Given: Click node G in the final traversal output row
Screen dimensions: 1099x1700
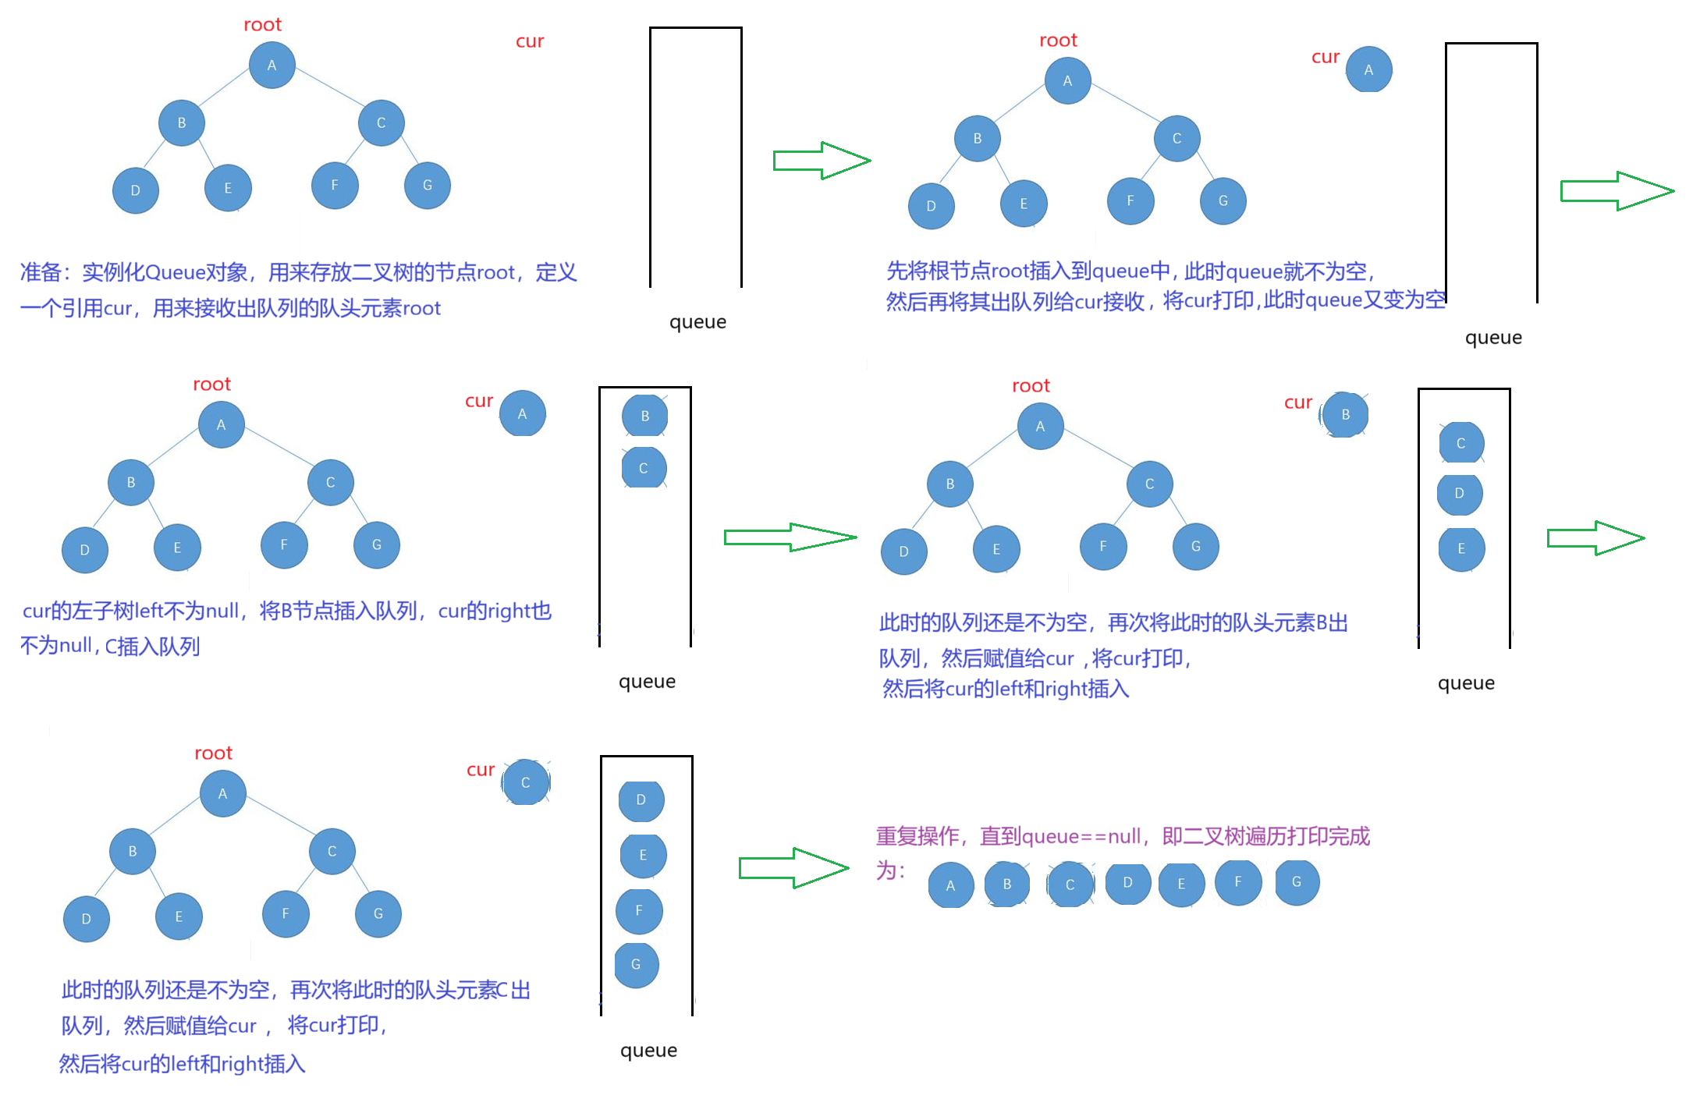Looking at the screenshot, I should click(x=1297, y=882).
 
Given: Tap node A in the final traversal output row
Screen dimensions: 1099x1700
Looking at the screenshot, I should click(x=950, y=885).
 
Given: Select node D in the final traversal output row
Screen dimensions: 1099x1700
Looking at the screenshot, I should click(x=1127, y=882).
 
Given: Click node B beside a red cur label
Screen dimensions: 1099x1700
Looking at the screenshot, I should click(x=1345, y=414).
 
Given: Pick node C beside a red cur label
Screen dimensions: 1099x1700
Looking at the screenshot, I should click(x=526, y=782).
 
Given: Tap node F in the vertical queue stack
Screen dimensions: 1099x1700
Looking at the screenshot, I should click(x=639, y=910).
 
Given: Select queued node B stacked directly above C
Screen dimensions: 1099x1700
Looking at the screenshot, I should click(x=644, y=416).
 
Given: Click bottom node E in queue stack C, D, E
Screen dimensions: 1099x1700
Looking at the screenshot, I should click(x=1461, y=548).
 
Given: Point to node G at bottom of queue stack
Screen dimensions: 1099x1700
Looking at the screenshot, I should click(x=636, y=964).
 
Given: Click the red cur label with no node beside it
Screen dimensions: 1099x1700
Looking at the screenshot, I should click(x=531, y=41).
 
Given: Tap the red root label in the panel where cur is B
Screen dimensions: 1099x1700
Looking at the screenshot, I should click(x=1031, y=386).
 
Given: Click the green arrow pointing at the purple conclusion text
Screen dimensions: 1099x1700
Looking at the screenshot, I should click(x=793, y=867).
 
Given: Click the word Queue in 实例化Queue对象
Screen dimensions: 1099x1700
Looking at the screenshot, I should click(x=176, y=272).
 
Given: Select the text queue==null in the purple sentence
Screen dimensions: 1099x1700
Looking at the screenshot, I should click(x=1081, y=837).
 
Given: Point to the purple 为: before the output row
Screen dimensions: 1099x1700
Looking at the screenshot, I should click(x=890, y=870).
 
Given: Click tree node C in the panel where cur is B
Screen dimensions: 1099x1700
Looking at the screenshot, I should click(x=1149, y=484).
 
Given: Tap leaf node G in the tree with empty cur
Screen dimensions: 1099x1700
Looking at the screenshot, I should click(x=427, y=185).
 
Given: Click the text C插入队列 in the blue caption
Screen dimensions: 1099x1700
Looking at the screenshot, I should click(x=153, y=647).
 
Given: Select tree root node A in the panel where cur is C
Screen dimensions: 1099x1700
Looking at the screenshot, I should click(x=222, y=793).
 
